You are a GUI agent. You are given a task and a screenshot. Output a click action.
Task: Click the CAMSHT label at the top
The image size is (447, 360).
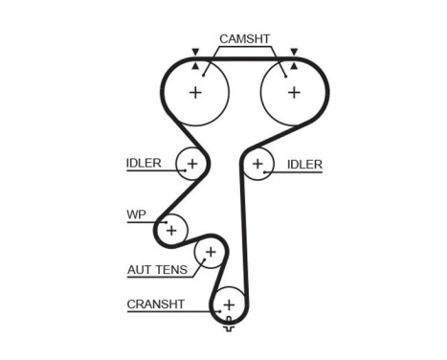[244, 39]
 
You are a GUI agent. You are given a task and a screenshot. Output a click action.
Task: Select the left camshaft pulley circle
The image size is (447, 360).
[195, 93]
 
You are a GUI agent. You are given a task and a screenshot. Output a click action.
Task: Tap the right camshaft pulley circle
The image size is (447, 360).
[293, 93]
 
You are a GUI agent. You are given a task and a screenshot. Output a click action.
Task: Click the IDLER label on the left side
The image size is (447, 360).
[144, 163]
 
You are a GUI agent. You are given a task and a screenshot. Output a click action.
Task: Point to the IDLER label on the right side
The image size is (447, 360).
[304, 165]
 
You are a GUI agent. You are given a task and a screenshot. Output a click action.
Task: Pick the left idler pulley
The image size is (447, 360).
[191, 165]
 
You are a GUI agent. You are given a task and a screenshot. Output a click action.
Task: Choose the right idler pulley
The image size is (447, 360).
[257, 165]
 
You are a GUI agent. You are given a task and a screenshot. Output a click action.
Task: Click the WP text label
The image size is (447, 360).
[135, 214]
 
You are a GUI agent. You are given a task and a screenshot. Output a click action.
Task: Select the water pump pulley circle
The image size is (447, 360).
[171, 230]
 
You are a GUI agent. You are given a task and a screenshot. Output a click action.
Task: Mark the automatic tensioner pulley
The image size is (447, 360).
[210, 253]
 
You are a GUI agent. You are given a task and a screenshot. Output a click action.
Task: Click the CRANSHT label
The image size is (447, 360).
[154, 305]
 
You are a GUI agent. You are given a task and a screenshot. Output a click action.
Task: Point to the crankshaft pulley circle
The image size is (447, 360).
[228, 305]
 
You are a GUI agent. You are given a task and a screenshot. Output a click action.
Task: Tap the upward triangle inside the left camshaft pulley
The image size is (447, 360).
[195, 67]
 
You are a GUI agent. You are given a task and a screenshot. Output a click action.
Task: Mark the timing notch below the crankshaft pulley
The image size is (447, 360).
[228, 328]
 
